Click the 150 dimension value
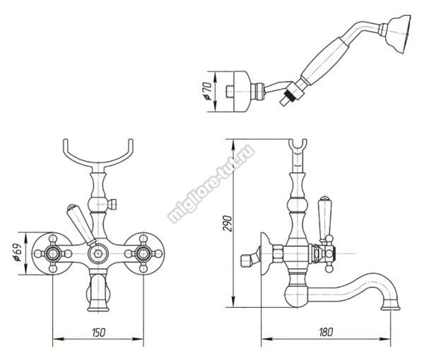(98, 332)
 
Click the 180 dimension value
(326, 332)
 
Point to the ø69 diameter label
(18, 253)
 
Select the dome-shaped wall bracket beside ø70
(241, 92)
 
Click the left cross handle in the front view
(52, 253)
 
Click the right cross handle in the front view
(143, 253)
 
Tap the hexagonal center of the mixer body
(98, 253)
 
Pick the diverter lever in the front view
(81, 224)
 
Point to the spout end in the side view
(391, 307)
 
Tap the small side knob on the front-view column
(112, 204)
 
